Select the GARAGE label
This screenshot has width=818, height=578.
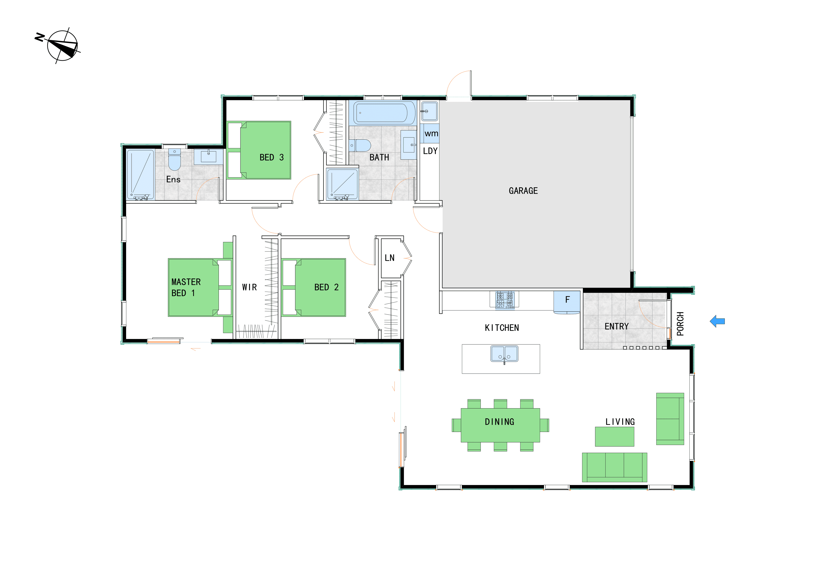point(523,191)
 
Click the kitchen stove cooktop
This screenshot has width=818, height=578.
point(505,300)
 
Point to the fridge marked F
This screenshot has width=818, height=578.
point(567,302)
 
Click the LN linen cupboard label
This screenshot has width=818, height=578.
point(389,258)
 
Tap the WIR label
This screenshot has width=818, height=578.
point(250,287)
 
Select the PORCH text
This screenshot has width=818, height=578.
point(680,324)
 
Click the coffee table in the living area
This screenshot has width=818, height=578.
point(614,437)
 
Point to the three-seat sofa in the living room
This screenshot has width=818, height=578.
point(614,468)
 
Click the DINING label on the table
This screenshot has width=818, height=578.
point(500,422)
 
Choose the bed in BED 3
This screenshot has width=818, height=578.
point(259,150)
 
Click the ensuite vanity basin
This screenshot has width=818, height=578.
point(208,157)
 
